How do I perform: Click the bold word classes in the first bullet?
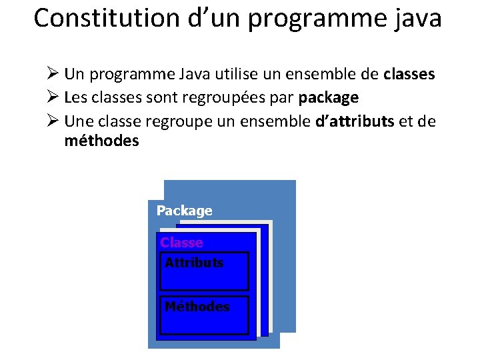click(409, 75)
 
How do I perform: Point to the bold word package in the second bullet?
click(329, 98)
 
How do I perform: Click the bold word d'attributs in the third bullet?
click(354, 121)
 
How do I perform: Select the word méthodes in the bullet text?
click(101, 141)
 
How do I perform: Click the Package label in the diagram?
click(184, 211)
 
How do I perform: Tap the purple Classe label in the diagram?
click(181, 243)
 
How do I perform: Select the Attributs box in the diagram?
click(204, 271)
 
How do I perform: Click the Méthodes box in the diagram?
click(204, 315)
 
